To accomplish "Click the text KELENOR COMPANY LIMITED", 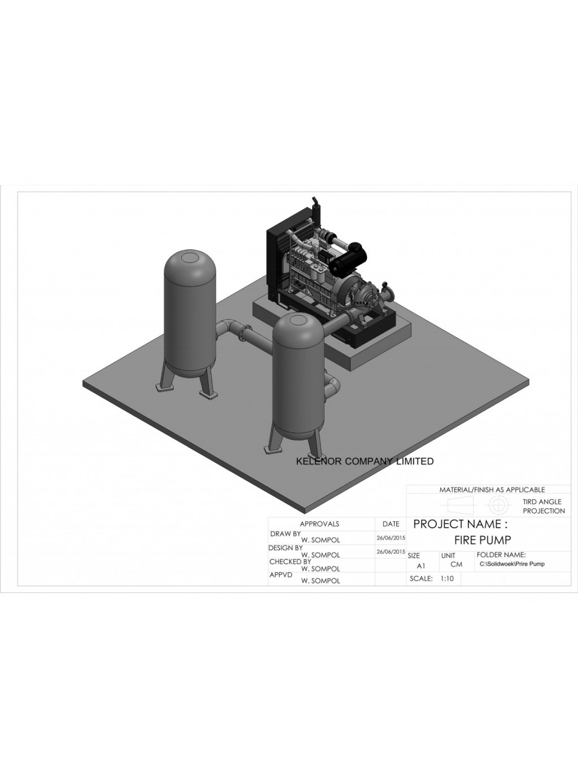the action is click(365, 461).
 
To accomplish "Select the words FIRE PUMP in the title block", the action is click(483, 540).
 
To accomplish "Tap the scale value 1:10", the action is click(447, 578).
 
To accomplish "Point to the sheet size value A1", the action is click(421, 566).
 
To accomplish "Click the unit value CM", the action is click(456, 564).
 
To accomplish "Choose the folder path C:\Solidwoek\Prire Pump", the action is click(512, 564).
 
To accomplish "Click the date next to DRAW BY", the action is click(391, 538).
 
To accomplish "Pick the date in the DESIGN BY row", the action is click(391, 552).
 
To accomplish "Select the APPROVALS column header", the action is click(319, 524).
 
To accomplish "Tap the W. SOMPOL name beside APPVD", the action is click(321, 581).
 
